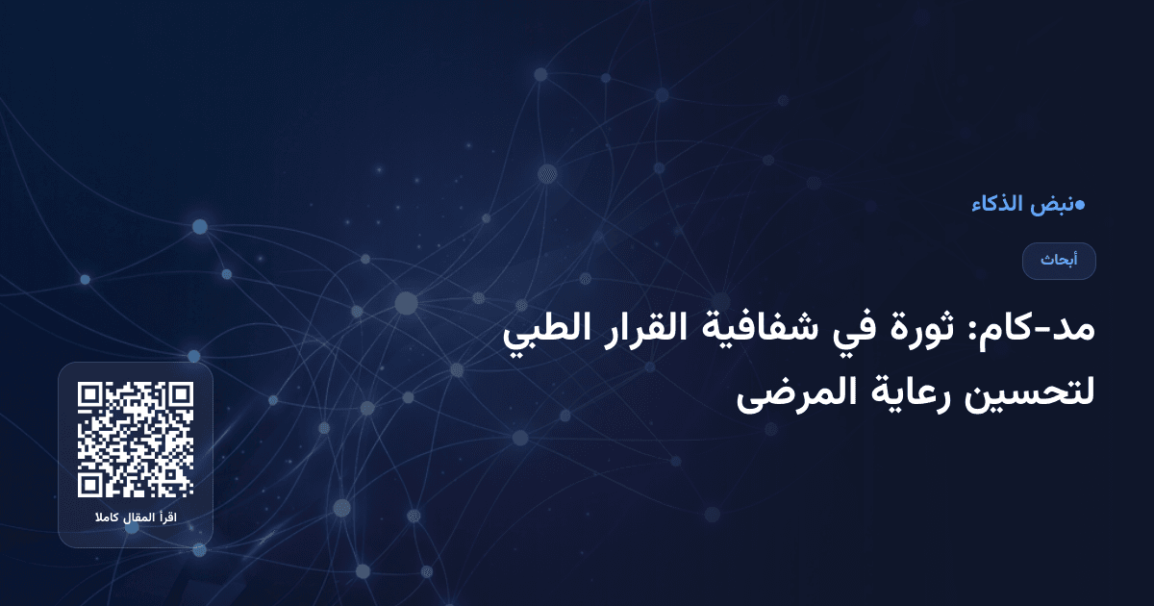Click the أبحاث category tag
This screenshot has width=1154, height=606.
(1059, 261)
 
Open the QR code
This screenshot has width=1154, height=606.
(136, 440)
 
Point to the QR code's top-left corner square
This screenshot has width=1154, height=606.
(91, 395)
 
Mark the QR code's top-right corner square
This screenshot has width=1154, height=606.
(180, 395)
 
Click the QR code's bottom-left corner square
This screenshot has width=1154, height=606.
(91, 484)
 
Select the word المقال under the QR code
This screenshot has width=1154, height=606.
(138, 519)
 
